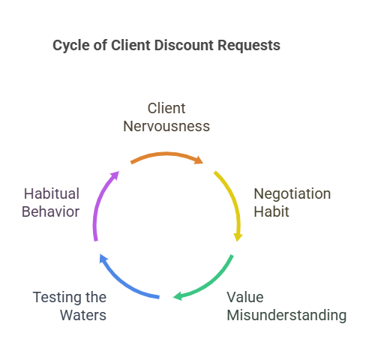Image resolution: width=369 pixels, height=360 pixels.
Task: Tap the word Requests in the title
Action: [x=249, y=46]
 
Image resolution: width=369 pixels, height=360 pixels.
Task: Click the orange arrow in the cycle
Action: [x=166, y=154]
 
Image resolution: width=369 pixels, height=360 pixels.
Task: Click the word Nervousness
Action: [x=166, y=126]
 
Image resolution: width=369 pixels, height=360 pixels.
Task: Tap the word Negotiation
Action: [x=292, y=194]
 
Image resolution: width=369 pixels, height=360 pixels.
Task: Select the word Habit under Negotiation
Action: [x=271, y=211]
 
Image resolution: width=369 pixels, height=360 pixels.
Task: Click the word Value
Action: [x=245, y=297]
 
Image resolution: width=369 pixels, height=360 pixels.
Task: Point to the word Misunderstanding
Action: [x=286, y=315]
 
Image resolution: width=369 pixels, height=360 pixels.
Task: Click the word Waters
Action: [x=83, y=315]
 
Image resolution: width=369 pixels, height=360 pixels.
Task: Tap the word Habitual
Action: [x=52, y=193]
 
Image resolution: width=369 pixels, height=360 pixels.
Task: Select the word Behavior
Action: [x=51, y=211]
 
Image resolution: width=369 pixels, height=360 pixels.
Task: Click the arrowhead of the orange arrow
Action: [x=199, y=160]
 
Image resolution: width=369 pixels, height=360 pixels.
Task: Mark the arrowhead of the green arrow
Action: [x=178, y=296]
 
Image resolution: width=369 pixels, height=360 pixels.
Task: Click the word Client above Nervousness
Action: [x=166, y=108]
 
